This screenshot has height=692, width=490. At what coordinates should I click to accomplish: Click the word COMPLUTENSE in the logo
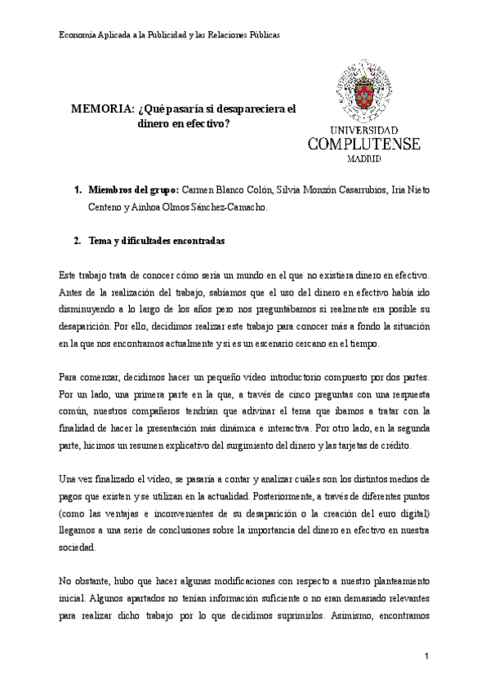363,144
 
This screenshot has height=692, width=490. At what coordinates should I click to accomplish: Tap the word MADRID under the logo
364,160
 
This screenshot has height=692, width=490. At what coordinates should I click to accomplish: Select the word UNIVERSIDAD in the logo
364,130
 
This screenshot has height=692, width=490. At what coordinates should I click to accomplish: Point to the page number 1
426,656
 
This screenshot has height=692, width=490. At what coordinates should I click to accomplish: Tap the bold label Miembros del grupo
133,189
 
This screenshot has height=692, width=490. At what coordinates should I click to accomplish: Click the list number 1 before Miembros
77,189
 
